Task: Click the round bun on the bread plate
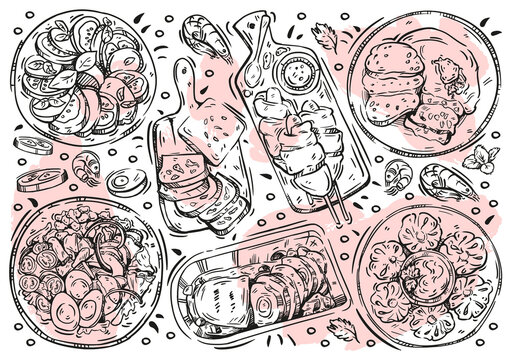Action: [386, 70]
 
